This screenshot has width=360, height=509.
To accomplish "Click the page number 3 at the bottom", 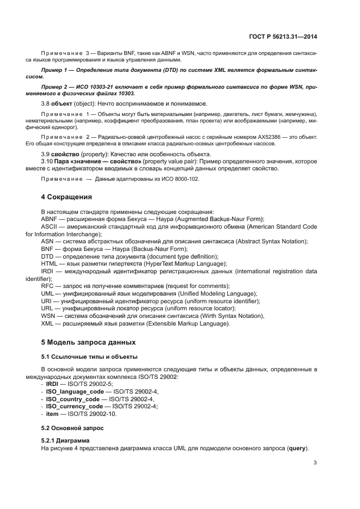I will (x=315, y=463).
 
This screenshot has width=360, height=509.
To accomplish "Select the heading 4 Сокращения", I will (x=66, y=197).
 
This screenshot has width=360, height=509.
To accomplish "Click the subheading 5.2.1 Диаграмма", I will (x=65, y=440).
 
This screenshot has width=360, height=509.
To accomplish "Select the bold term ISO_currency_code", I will (x=74, y=406).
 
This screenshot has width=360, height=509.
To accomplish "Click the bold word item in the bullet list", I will (x=52, y=414).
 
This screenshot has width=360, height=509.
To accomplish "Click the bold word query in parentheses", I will (x=297, y=447).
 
